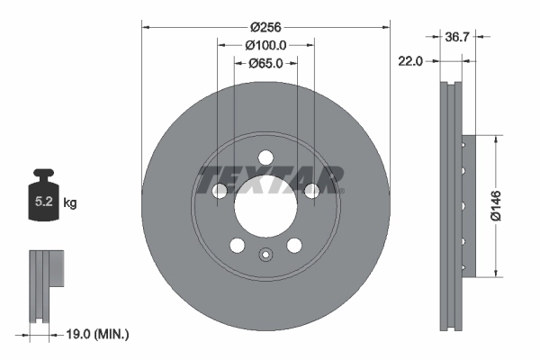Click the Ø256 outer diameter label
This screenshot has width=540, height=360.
pos(265,27)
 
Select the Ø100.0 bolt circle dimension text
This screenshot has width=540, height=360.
pos(265,45)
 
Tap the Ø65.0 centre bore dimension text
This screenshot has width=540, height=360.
pos(265,63)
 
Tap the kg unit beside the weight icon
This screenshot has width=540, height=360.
pos(70,203)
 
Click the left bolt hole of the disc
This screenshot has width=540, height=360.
pos(219,190)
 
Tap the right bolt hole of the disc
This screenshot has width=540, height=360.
pos(310,190)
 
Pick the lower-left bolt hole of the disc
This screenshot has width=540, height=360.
pos(237,245)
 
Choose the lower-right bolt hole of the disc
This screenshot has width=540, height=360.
pos(293,245)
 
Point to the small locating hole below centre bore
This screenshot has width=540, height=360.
pos(265,254)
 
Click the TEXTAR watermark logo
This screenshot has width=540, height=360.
pos(270,179)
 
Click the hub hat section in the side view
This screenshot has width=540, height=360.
pos(464,206)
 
